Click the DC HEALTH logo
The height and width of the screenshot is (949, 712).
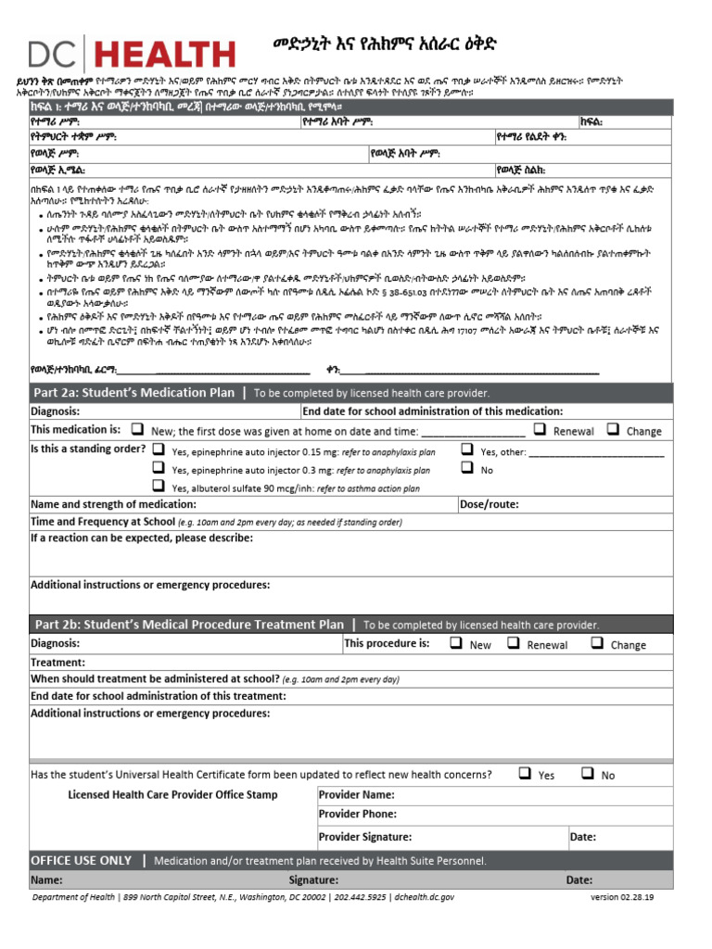(130, 53)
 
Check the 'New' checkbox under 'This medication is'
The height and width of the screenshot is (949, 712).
(137, 430)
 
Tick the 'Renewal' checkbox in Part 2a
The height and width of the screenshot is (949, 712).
(540, 429)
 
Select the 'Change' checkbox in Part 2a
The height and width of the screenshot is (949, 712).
(613, 429)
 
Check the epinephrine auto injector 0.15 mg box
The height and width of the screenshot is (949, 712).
(159, 449)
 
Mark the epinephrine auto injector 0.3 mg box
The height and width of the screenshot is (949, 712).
(159, 468)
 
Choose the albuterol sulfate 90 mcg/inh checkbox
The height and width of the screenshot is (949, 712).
(159, 487)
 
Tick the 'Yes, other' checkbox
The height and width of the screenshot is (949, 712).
(466, 450)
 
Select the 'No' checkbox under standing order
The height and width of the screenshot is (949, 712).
(466, 469)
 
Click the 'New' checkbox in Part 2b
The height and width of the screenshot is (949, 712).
(456, 643)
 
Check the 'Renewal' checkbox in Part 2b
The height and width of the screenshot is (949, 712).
(514, 643)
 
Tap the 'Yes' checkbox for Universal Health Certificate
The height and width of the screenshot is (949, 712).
(525, 773)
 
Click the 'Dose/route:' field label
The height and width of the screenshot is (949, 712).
(488, 505)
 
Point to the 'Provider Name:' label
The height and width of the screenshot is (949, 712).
(356, 795)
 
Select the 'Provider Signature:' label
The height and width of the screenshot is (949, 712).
(365, 837)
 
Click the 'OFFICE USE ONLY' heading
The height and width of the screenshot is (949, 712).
(82, 861)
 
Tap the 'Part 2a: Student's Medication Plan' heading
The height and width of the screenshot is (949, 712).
(133, 393)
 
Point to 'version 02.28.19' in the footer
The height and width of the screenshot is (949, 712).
(628, 897)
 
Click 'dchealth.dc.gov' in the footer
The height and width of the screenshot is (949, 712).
(424, 897)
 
